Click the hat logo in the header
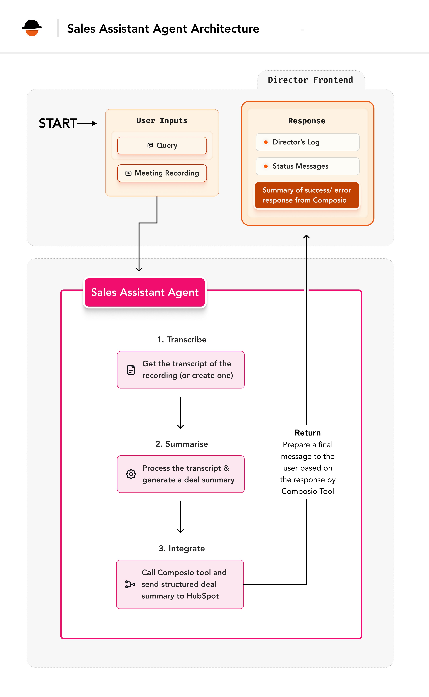32,28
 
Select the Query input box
162,145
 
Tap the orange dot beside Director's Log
266,142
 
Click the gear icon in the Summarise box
131,474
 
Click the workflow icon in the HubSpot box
130,584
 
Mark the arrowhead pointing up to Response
306,236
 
